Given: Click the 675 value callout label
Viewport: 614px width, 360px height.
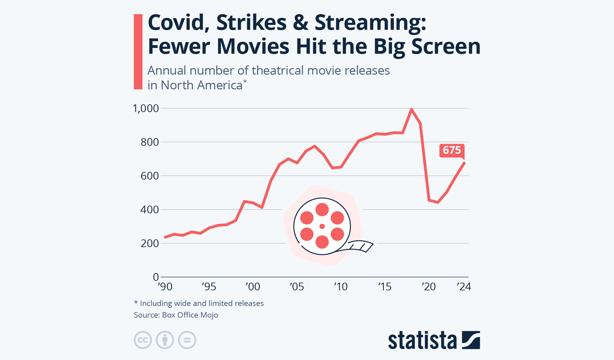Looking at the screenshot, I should pos(452,150).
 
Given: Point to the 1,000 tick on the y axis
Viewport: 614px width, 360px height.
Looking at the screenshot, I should pos(146,109).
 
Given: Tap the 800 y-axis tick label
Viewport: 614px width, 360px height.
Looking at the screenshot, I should pos(150,142).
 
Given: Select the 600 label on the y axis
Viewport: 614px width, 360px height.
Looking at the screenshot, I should pos(150,176).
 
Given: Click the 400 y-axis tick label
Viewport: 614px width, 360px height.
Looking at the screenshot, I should pos(150,210).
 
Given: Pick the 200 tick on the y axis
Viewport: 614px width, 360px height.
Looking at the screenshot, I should pos(150,243).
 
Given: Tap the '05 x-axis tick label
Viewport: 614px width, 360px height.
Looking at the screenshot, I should pos(297,287).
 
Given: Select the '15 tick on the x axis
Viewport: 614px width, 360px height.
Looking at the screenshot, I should pos(385,287).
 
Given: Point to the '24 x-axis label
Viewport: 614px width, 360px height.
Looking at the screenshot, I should pos(464,287).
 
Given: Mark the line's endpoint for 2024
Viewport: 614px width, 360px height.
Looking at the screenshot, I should pos(464,163).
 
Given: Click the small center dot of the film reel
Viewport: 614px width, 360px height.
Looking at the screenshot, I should pos(322,226).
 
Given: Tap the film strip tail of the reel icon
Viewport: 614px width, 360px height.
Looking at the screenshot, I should pos(360,246).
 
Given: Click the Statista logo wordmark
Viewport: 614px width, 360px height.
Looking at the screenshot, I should pos(422,340).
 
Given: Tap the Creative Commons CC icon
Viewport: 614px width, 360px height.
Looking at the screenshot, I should pos(143,340).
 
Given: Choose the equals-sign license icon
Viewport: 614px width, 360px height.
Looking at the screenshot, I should pos(187,340).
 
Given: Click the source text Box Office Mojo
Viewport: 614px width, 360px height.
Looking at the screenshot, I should pos(190,315).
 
